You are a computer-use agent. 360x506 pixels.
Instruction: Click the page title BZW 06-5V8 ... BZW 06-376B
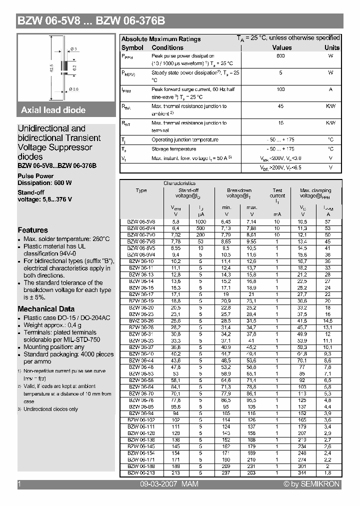[x=91, y=21]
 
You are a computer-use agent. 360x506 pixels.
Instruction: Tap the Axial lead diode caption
[x=53, y=110]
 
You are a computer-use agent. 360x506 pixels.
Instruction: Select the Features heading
[x=32, y=230]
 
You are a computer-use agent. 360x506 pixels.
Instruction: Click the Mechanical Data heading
[x=46, y=309]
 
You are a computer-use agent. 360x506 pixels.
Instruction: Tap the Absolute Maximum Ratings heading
[x=161, y=39]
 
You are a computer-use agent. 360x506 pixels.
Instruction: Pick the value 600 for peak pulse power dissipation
[x=280, y=56]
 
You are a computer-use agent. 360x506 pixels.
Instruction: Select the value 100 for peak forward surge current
[x=280, y=89]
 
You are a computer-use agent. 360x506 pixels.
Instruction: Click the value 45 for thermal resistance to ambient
[x=280, y=106]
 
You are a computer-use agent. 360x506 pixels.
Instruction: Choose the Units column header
[x=331, y=47]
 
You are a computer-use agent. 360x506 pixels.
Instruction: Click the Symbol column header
[x=132, y=47]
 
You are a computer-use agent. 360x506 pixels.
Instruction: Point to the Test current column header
[x=277, y=193]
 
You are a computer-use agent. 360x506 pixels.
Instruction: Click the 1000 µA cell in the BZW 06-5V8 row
[x=200, y=221]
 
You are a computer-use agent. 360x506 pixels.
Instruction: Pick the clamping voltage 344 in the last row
[x=302, y=472]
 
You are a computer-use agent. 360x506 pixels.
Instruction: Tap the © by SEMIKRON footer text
[x=311, y=484]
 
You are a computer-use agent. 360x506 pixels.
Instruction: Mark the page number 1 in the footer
[x=19, y=484]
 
